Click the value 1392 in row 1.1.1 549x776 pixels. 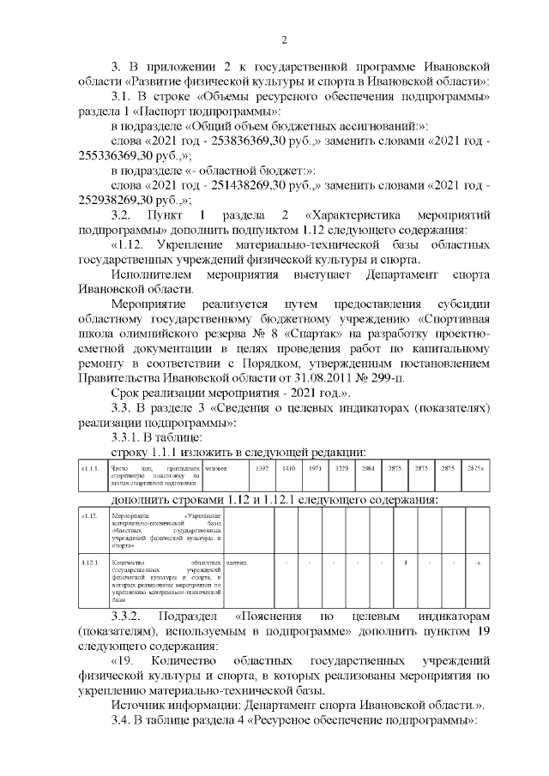(263, 469)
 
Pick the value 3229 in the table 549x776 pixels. (341, 469)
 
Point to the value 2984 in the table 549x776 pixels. (367, 469)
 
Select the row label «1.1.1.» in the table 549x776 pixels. (92, 469)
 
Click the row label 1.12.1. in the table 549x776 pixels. (93, 562)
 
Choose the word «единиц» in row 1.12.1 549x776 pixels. (236, 562)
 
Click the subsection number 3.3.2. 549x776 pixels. (130, 617)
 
